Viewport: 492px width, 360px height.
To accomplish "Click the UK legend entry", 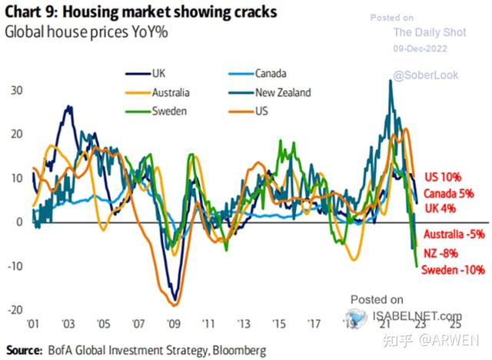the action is click(145, 74).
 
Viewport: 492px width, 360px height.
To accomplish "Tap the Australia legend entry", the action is click(157, 92).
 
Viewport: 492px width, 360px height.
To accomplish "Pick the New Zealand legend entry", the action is click(270, 92).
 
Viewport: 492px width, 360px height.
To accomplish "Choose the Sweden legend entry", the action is click(156, 111).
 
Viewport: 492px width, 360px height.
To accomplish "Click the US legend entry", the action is click(248, 111).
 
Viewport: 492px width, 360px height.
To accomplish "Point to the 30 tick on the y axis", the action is click(17, 91).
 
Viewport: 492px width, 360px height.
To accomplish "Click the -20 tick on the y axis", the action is click(15, 310).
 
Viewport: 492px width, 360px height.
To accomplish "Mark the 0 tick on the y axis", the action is click(19, 222).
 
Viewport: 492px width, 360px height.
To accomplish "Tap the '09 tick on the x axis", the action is click(174, 324).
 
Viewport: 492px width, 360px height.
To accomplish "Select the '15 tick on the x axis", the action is click(279, 324).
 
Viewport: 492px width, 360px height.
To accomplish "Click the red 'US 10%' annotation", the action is click(443, 177).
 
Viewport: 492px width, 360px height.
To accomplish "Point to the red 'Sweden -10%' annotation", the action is click(453, 269).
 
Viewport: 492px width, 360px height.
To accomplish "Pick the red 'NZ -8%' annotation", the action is click(440, 253).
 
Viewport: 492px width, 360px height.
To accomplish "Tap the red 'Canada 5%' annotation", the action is click(449, 193).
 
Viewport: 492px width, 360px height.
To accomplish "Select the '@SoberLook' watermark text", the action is click(425, 75).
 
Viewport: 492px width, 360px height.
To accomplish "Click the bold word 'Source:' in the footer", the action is click(24, 350).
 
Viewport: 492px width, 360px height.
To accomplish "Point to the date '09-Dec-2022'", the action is click(421, 48).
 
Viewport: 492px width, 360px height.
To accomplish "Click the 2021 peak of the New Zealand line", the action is click(390, 80).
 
